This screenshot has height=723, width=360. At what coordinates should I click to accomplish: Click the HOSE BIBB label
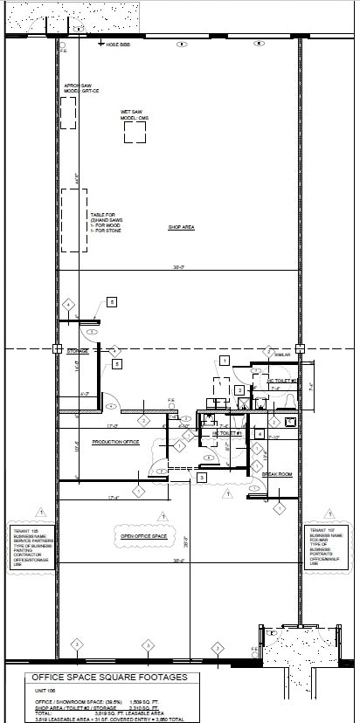[118, 44]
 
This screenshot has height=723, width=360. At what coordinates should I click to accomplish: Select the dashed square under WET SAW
[135, 132]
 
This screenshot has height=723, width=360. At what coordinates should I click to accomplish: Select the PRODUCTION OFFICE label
[117, 442]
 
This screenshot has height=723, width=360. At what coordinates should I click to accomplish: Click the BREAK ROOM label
[277, 474]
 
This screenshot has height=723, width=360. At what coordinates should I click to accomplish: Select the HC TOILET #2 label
[282, 382]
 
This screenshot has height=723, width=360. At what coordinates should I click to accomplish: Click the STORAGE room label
[78, 351]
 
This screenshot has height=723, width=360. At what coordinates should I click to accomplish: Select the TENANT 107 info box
[326, 547]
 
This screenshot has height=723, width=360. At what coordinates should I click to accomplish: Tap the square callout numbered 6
[112, 301]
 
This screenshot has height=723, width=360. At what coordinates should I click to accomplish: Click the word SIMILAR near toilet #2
[280, 355]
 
